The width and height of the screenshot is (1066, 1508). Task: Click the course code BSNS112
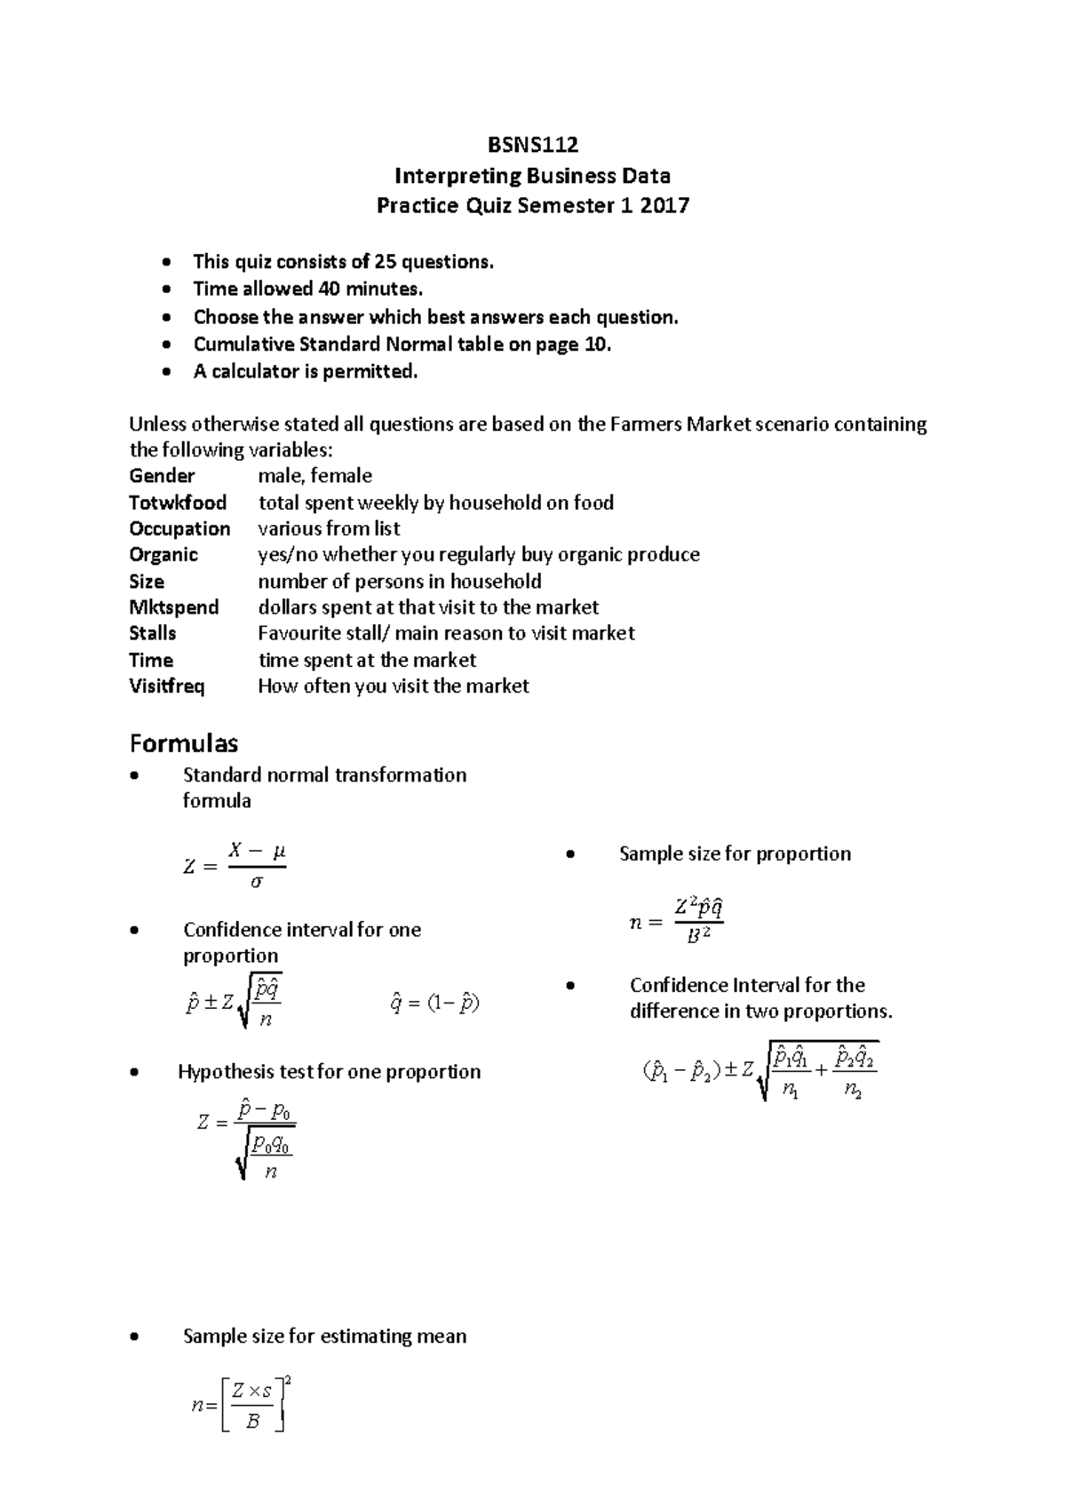tap(533, 145)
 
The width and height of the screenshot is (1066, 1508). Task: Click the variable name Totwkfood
tap(178, 503)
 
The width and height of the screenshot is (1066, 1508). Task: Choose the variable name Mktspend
tap(174, 607)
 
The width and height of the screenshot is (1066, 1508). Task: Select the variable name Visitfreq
tap(167, 687)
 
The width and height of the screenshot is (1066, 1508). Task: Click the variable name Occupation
tap(179, 529)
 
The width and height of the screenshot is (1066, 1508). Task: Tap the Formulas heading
tap(184, 742)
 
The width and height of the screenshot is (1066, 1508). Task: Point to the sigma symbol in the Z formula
tap(257, 883)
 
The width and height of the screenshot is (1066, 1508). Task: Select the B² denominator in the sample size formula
tap(698, 935)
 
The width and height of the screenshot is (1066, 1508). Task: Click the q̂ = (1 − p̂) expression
tap(434, 1004)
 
